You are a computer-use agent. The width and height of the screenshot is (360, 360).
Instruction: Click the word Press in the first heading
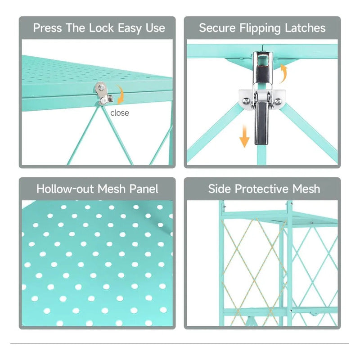click(x=48, y=28)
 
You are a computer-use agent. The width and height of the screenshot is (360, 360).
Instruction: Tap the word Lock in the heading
click(x=101, y=28)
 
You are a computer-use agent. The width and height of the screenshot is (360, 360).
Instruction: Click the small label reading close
click(x=119, y=113)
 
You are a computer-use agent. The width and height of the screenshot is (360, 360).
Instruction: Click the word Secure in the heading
click(x=217, y=28)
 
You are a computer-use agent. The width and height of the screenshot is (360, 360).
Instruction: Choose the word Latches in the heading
click(x=305, y=28)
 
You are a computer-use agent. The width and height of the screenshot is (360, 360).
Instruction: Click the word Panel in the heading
click(x=144, y=189)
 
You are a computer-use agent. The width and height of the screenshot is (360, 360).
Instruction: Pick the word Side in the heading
click(x=219, y=189)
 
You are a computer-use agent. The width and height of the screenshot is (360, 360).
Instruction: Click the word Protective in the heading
click(x=261, y=189)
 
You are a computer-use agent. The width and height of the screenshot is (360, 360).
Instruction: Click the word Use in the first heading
click(x=155, y=28)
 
